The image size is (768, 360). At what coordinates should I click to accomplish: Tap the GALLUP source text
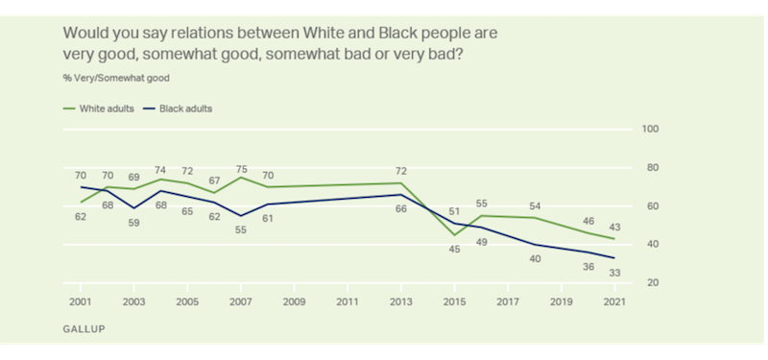tap(82, 328)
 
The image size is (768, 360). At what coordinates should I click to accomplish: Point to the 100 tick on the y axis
tap(650, 130)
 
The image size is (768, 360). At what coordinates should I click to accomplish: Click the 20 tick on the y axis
tap(652, 283)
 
